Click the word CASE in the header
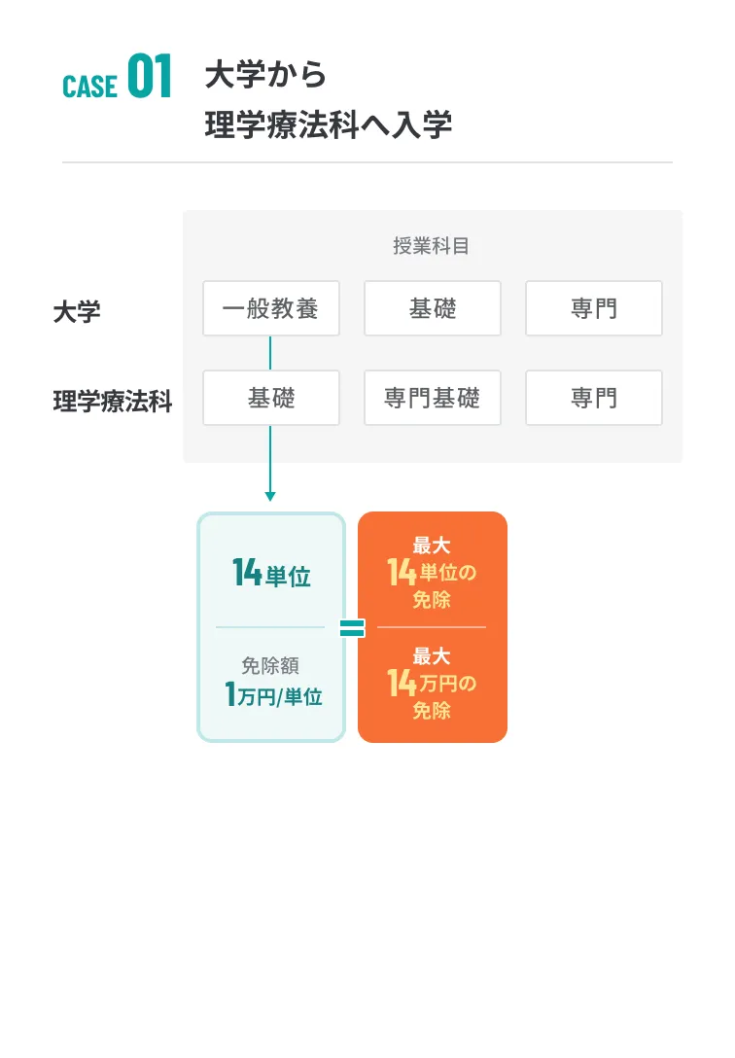(x=89, y=87)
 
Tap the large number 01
(x=150, y=76)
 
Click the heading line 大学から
(x=265, y=74)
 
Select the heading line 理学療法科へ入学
(x=329, y=124)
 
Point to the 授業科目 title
(x=432, y=246)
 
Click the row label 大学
(x=77, y=312)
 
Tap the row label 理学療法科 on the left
(x=113, y=401)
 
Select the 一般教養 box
(x=271, y=308)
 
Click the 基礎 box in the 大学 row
(x=433, y=308)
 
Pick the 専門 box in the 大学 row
(x=594, y=308)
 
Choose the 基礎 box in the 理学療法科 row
(x=271, y=398)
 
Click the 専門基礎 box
(x=433, y=398)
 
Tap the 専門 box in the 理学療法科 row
(x=594, y=398)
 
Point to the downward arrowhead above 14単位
(x=270, y=497)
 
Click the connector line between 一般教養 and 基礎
(x=270, y=353)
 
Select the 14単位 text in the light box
(x=271, y=574)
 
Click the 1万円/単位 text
(x=273, y=694)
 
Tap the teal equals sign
(x=352, y=628)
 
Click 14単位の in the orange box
(x=432, y=572)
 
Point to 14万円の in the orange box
(x=432, y=683)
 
